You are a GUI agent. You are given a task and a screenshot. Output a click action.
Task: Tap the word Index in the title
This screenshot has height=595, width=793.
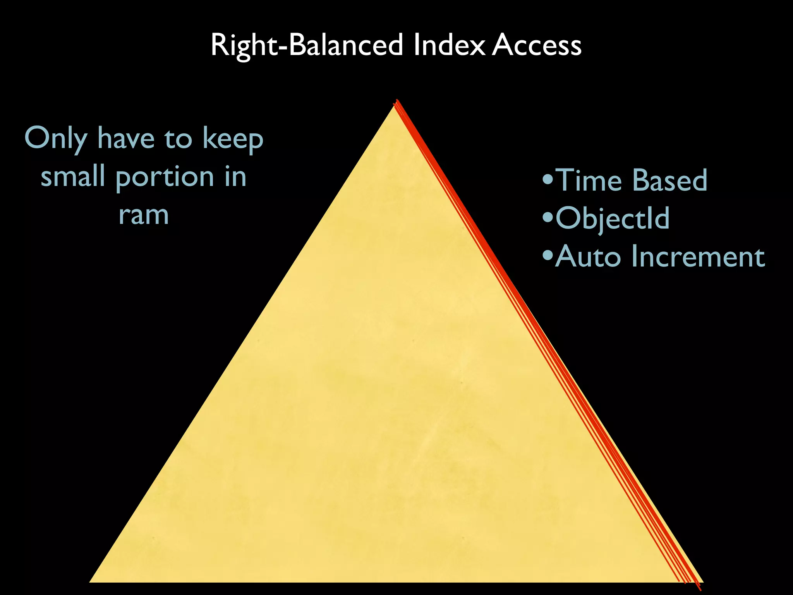(x=449, y=46)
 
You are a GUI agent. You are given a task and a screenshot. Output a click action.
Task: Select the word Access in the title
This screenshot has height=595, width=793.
(x=537, y=46)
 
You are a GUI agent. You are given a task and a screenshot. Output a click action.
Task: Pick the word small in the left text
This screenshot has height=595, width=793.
(x=74, y=177)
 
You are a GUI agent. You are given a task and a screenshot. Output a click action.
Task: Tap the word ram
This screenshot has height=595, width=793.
(x=144, y=215)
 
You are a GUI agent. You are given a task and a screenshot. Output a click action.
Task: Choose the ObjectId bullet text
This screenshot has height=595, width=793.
(x=612, y=218)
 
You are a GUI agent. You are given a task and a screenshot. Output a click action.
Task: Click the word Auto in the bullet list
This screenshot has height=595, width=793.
(x=587, y=256)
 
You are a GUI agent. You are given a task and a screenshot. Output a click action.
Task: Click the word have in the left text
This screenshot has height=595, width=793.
(x=125, y=139)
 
